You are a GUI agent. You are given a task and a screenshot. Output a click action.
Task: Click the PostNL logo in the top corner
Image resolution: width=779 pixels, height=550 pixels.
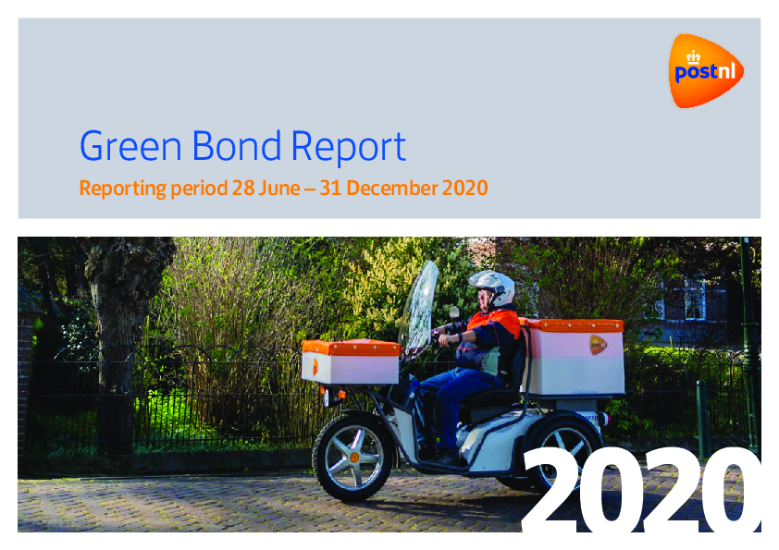706,70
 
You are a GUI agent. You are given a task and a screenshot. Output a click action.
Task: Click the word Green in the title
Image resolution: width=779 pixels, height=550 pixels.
130,146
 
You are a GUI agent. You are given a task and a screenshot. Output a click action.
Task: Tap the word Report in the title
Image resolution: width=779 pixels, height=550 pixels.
348,148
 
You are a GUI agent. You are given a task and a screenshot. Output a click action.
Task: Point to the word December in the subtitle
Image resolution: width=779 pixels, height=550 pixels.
391,189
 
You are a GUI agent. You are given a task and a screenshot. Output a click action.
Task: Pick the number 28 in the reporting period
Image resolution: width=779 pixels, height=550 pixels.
243,189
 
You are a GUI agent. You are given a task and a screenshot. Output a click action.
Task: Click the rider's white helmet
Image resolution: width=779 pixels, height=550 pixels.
493,287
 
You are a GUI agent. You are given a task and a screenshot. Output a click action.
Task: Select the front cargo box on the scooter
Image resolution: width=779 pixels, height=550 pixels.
351,361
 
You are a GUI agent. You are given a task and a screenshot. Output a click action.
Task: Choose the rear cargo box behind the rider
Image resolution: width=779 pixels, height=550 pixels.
573,357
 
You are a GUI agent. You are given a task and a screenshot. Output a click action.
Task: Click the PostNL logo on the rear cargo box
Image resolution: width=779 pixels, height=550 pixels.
599,345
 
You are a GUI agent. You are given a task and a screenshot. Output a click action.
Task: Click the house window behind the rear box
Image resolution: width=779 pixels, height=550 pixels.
695,300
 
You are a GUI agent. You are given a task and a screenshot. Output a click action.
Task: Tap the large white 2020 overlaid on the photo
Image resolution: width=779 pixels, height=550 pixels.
641,491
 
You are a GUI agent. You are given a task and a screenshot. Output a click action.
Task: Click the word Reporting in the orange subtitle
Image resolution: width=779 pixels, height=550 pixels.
123,189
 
